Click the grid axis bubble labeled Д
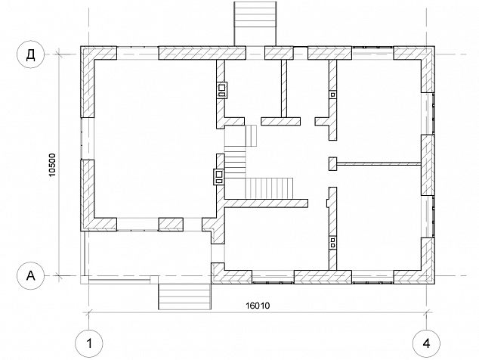tap(30, 54)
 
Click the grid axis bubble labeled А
tap(30, 276)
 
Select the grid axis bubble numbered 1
tap(89, 343)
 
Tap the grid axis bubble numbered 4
tap(426, 343)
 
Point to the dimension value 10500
tap(52, 165)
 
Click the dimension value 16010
tap(258, 306)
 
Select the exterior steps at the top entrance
tap(255, 24)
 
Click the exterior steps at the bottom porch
tap(184, 296)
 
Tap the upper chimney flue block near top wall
tap(222, 90)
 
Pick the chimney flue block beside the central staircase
tap(219, 177)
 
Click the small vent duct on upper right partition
tap(332, 95)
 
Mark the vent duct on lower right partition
tap(332, 244)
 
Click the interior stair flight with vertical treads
tap(269, 188)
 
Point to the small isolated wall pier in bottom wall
tap(171, 224)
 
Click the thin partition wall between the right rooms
tap(379, 164)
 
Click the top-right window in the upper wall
tap(372, 53)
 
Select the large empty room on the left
tap(155, 138)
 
